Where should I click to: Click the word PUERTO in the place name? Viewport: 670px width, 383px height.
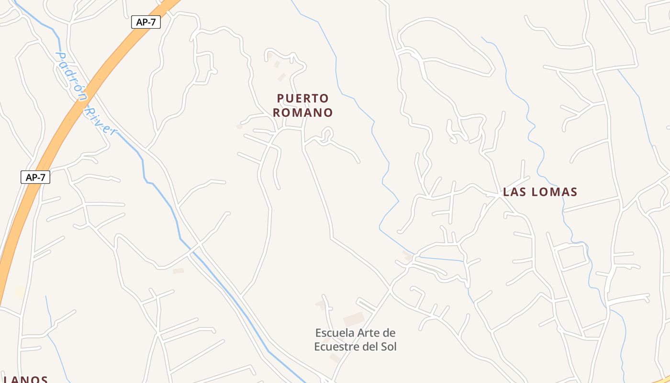tap(303, 99)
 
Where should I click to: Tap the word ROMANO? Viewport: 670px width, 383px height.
tap(303, 113)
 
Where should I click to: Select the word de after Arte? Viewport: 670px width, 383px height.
tap(390, 333)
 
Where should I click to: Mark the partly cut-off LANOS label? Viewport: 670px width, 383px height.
tap(24, 379)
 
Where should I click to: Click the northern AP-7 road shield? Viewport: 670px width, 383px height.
tap(146, 22)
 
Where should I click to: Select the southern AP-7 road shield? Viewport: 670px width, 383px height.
tap(35, 177)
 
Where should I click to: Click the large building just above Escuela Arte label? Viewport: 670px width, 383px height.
tap(354, 319)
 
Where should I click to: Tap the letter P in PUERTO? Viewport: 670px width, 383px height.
tap(280, 99)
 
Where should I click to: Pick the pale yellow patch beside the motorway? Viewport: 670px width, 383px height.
tap(19, 291)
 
